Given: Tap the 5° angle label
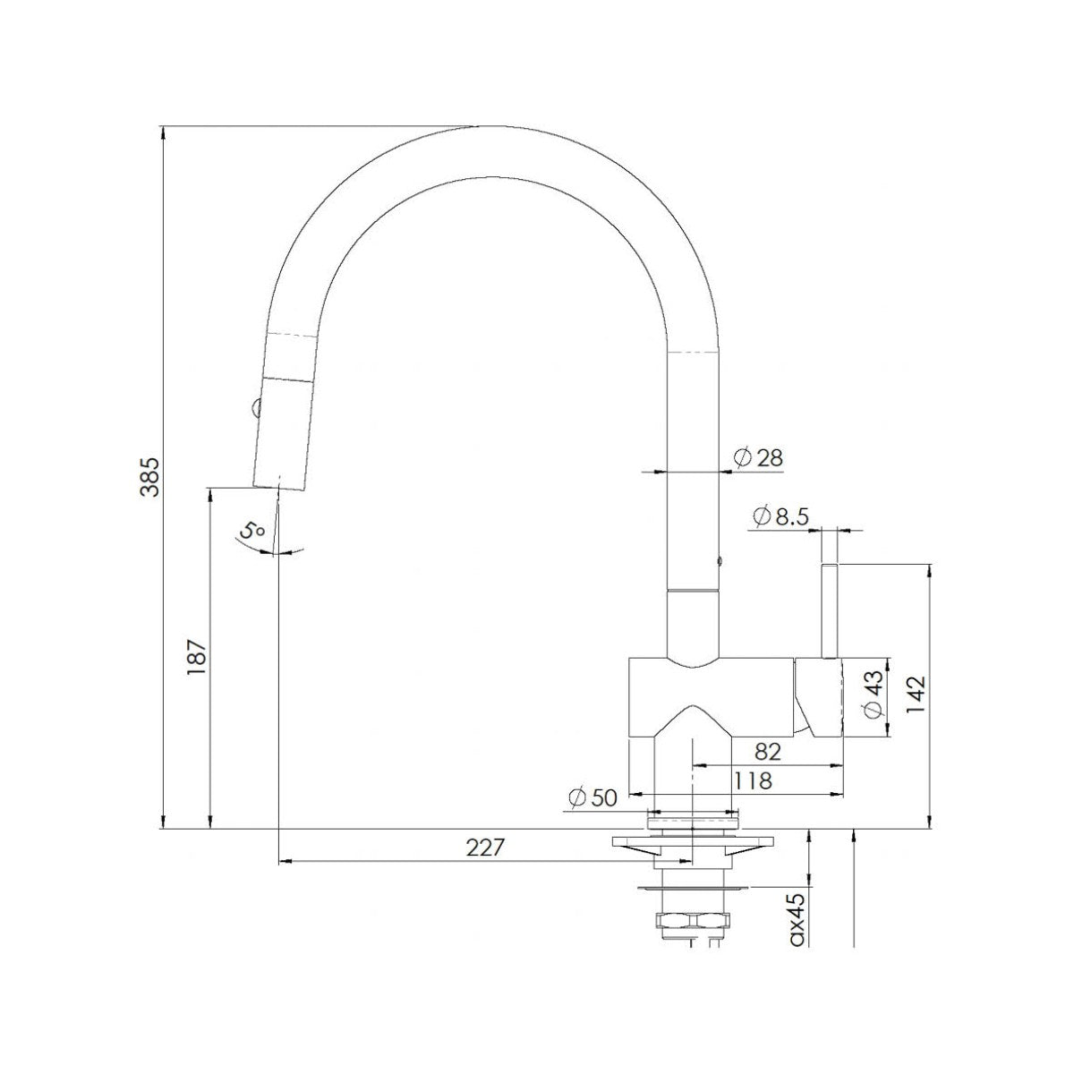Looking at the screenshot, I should (253, 530).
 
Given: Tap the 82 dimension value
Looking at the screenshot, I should (768, 752).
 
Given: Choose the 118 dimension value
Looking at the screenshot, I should (752, 780).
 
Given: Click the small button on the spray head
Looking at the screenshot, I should (256, 407).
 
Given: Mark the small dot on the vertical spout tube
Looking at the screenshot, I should (719, 563).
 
